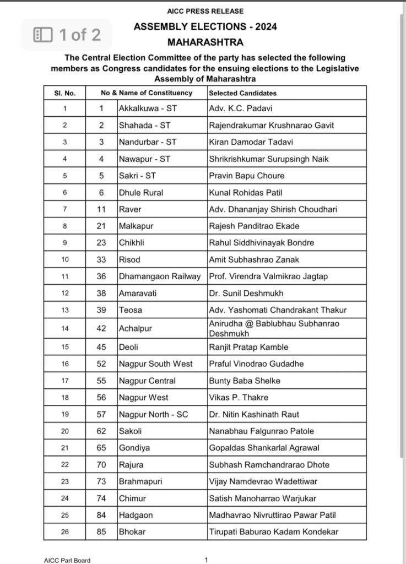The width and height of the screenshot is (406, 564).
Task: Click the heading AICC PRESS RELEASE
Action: [205, 11]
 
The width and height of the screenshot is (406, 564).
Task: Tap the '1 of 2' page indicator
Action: [67, 35]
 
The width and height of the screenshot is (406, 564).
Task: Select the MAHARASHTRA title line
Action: [205, 42]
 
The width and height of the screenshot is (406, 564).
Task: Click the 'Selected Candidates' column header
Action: [243, 93]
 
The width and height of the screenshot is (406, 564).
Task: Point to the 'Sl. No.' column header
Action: [65, 93]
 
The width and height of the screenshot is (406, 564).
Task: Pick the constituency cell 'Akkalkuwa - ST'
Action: [144, 109]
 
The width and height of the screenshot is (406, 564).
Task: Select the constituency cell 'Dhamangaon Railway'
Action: [160, 276]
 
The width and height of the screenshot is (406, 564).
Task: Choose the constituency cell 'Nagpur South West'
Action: [156, 364]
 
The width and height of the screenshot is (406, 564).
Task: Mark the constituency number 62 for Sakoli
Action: [101, 431]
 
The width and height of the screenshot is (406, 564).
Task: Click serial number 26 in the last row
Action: [65, 532]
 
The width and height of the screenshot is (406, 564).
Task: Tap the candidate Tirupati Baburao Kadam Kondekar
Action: [274, 532]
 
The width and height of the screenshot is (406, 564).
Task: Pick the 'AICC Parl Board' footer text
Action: [67, 560]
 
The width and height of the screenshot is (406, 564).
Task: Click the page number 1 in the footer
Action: [206, 560]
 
